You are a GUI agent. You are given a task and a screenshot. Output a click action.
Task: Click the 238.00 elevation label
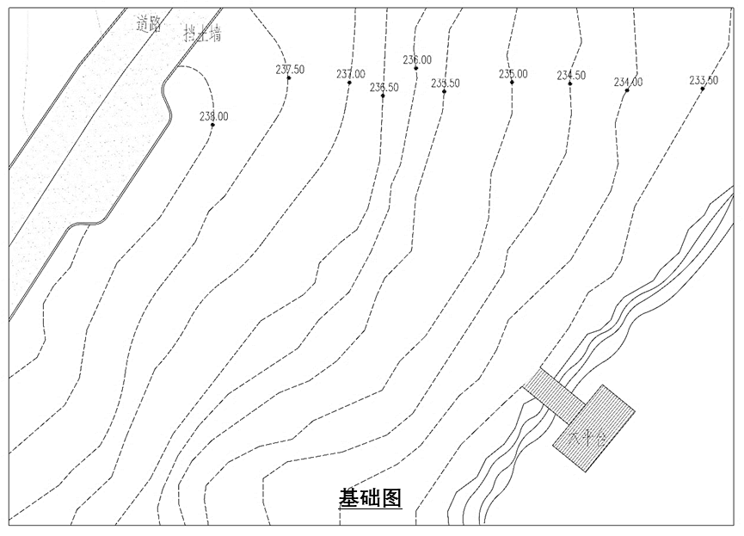[x=213, y=116]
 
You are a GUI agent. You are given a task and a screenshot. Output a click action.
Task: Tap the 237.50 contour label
[x=290, y=69]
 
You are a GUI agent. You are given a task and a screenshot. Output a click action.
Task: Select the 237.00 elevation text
[x=350, y=74]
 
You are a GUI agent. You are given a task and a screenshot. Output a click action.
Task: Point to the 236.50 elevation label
[x=384, y=87]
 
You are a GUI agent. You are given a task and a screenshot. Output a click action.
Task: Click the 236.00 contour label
[x=417, y=59]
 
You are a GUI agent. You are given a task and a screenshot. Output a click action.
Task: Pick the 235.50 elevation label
[x=445, y=83]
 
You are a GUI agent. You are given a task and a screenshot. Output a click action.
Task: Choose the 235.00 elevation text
[x=513, y=73]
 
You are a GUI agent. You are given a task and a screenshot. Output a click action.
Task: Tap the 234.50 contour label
[x=571, y=75]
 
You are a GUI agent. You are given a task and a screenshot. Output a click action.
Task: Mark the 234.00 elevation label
[x=628, y=82]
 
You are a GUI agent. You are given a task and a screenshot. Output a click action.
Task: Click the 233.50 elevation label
[x=704, y=80]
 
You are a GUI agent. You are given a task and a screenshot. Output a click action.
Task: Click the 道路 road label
[x=149, y=24]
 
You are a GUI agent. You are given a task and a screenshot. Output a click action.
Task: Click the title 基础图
[x=371, y=498]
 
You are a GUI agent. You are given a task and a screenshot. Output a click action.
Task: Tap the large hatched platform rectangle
[x=593, y=428]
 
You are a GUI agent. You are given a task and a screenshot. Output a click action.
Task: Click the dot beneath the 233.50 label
[x=703, y=89]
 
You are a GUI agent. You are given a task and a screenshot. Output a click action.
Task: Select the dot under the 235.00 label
[x=513, y=83]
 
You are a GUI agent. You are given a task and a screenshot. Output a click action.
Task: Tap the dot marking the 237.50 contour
[x=289, y=79]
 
